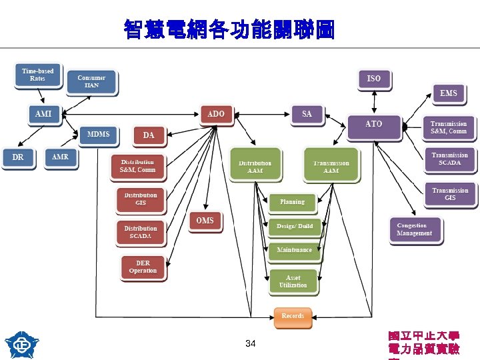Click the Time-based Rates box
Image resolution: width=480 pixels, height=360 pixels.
(x=37, y=75)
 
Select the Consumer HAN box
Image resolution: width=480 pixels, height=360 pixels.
(x=91, y=81)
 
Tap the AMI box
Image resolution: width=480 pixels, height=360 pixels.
(x=43, y=115)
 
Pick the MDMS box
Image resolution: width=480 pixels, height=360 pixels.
(x=98, y=135)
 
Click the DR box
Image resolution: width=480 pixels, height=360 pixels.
(x=17, y=158)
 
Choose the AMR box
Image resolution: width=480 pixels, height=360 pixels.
(x=61, y=157)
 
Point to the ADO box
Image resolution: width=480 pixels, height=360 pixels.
(x=216, y=114)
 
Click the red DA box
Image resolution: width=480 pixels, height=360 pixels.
(x=149, y=135)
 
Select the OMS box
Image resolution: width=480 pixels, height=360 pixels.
(x=205, y=221)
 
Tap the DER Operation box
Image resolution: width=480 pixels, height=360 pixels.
(x=143, y=267)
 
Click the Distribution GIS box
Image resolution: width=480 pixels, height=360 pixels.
(x=141, y=199)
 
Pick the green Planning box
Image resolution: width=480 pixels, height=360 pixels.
(x=292, y=202)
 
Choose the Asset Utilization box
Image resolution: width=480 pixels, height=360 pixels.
(x=293, y=281)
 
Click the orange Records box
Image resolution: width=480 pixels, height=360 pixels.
(x=293, y=316)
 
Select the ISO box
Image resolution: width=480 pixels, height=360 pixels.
(x=374, y=79)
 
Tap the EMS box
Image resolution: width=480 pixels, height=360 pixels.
(x=449, y=93)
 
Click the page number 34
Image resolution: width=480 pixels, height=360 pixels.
(x=250, y=343)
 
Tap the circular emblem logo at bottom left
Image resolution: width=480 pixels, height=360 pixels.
(x=22, y=344)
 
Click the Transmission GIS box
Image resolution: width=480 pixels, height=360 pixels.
(x=450, y=194)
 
